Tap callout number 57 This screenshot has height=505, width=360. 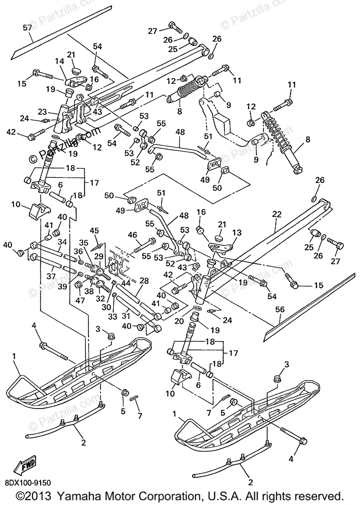tap(27, 28)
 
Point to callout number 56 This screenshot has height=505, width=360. tap(280, 309)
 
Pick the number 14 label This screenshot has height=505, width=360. tap(58, 61)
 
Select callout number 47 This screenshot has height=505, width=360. tap(79, 300)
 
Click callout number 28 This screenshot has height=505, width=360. tap(144, 281)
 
